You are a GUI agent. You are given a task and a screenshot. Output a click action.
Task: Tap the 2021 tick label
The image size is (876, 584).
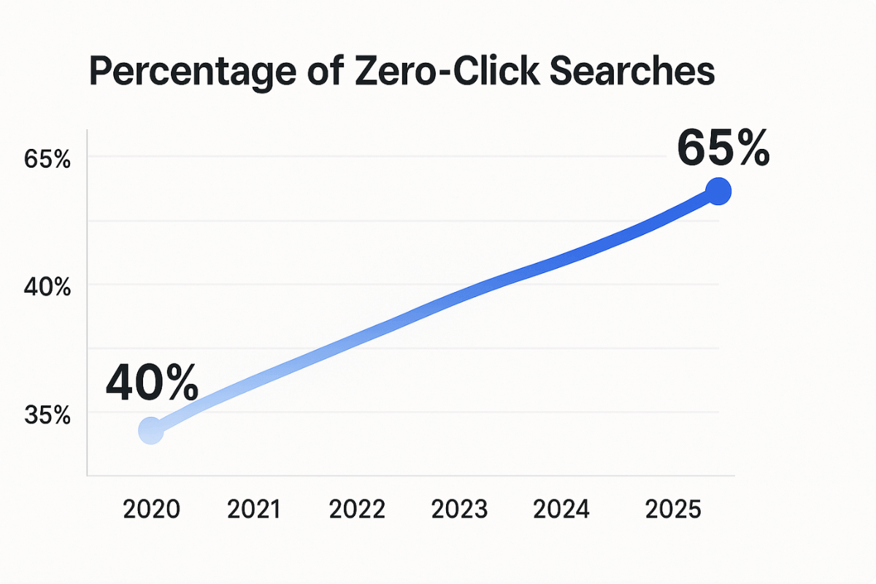tap(254, 509)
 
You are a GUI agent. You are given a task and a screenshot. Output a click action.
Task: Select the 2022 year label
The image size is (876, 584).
tap(356, 509)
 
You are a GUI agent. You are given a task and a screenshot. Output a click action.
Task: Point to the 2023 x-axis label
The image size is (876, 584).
tap(458, 509)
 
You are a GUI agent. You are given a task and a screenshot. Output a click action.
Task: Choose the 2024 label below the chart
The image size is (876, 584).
tap(561, 509)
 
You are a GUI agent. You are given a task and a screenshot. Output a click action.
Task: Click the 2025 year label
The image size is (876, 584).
tap(673, 509)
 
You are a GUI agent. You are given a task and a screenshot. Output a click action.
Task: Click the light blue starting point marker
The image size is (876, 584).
tap(150, 431)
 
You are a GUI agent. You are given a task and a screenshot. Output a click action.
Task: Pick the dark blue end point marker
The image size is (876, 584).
tap(718, 192)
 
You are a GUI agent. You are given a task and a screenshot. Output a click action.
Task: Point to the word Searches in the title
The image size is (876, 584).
tap(632, 72)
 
